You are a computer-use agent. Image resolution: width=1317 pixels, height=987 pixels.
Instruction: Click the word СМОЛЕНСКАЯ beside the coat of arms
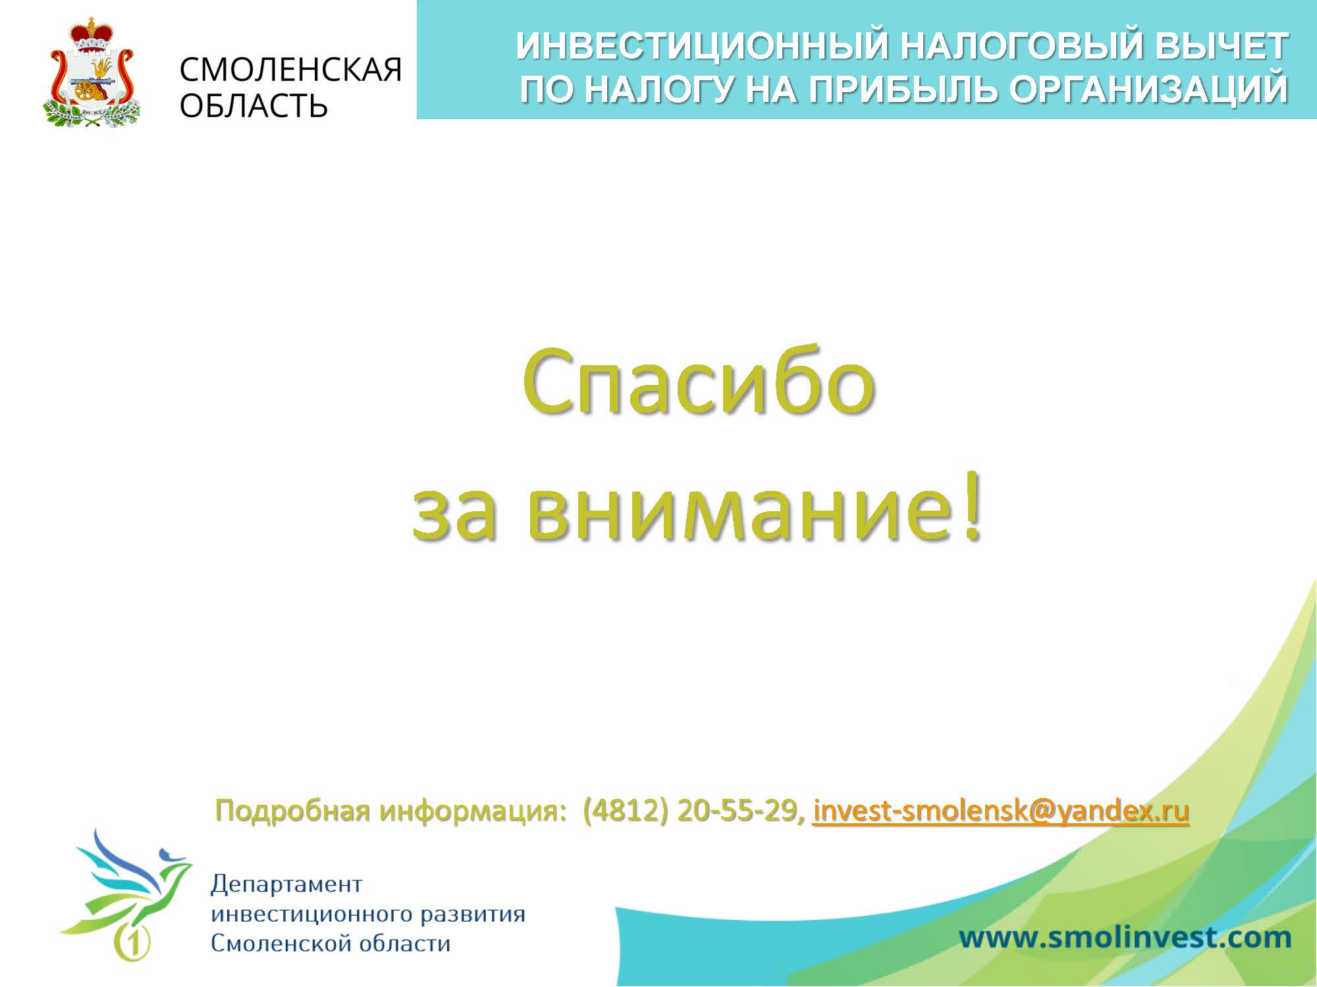[x=290, y=69]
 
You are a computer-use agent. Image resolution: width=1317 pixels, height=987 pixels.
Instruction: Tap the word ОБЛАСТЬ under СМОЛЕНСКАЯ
[x=254, y=105]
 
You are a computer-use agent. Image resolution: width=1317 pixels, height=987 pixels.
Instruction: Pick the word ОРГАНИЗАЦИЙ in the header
[x=1148, y=89]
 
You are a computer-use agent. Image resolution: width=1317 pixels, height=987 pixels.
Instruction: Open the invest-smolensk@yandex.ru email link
[x=1001, y=811]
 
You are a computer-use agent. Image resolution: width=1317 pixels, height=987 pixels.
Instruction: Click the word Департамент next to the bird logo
[x=286, y=885]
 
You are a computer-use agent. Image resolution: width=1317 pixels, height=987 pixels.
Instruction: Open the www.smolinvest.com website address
[x=1125, y=937]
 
